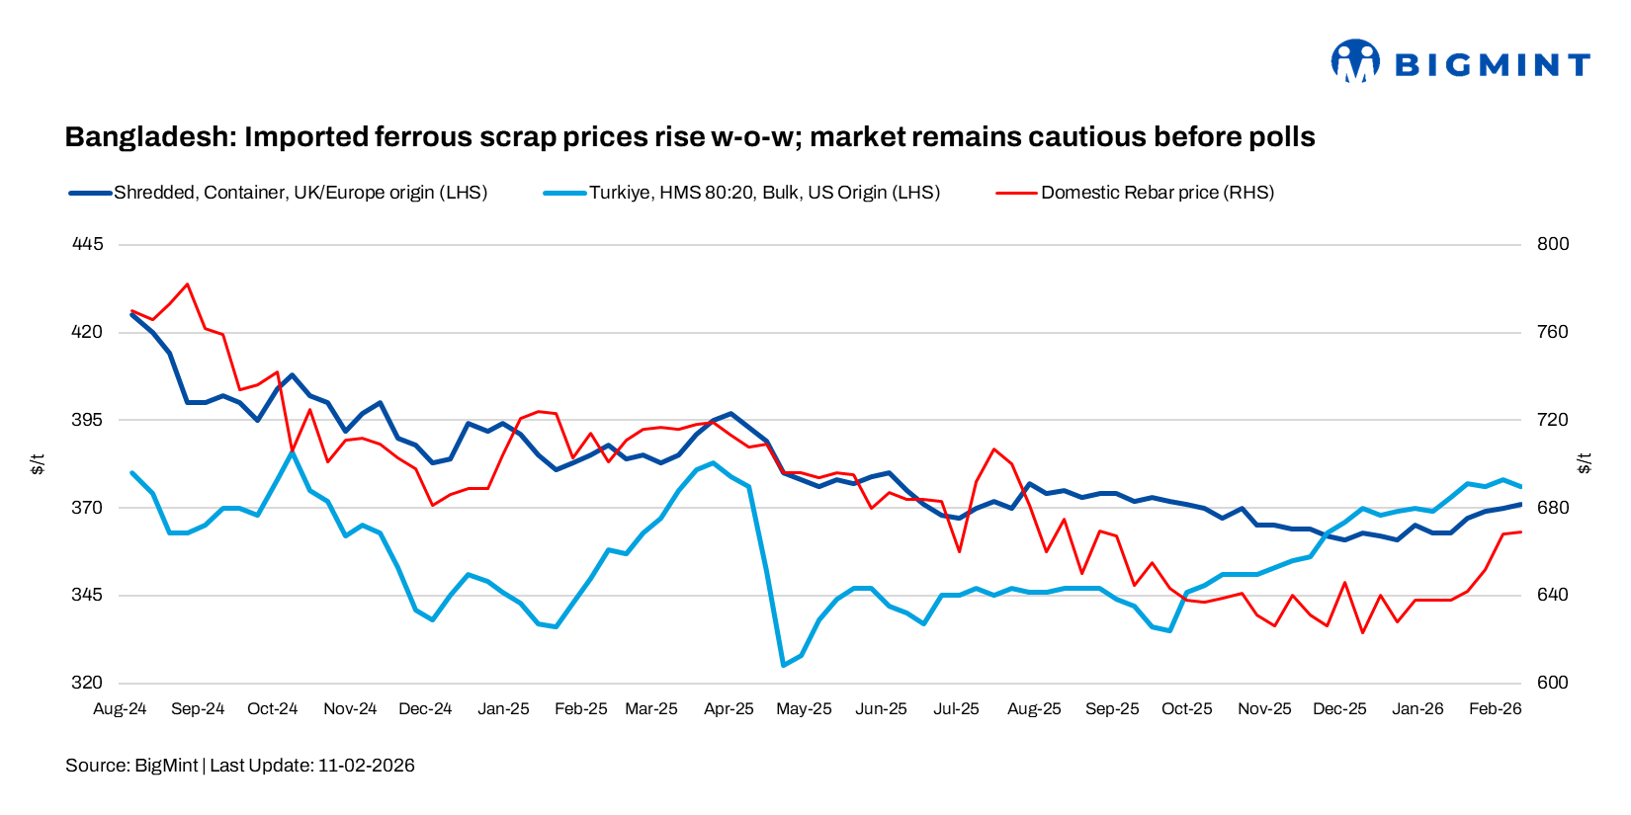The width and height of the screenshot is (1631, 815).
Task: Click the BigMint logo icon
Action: pos(1354,61)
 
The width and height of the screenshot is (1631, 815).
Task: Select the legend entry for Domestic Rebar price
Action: pos(1157,193)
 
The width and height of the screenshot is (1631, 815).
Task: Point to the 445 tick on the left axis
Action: pos(87,244)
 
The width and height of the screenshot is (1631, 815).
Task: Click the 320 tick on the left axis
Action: pos(87,683)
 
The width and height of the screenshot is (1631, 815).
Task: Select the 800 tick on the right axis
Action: pos(1553,244)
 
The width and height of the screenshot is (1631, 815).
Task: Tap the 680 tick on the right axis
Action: pos(1553,508)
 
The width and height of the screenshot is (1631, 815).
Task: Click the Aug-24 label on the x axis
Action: pos(120,709)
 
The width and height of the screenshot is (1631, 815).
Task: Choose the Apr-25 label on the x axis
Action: pos(729,709)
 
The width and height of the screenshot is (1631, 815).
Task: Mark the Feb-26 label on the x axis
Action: pos(1495,709)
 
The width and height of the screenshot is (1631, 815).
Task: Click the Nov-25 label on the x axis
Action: pos(1264,709)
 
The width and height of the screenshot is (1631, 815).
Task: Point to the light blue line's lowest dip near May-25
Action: pos(783,665)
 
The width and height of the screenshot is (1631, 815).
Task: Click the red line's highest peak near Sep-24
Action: pos(187,285)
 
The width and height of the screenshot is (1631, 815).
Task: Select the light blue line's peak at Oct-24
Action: pos(293,451)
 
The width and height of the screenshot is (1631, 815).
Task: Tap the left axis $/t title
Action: pos(38,463)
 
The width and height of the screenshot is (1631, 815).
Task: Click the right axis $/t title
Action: pos(1585,463)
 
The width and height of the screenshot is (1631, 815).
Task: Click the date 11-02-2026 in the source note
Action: pos(366,766)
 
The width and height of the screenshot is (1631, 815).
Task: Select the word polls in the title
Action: pos(1281,136)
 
